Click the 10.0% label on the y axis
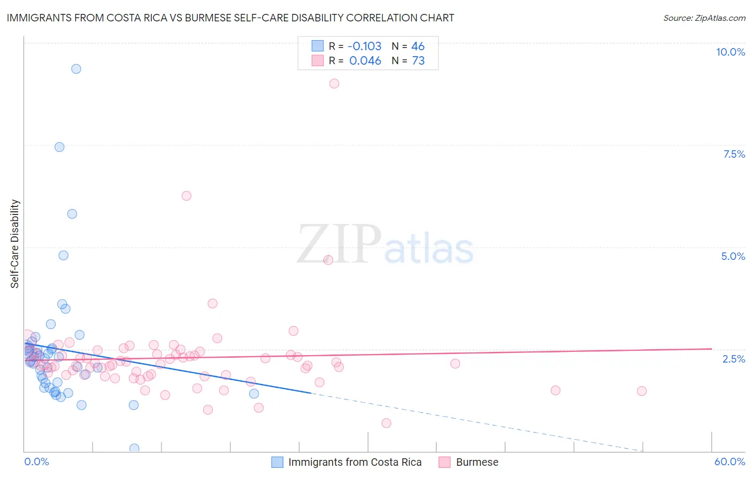click(730, 52)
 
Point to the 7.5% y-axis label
click(734, 154)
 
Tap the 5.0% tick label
click(733, 256)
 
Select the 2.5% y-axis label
click(733, 359)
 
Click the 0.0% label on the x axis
click(36, 461)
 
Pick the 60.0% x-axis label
click(730, 461)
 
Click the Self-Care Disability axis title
click(15, 244)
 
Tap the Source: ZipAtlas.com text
click(704, 18)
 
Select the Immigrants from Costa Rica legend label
click(355, 462)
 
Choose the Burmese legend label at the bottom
click(477, 462)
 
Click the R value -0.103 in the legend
click(364, 46)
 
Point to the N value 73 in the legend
click(418, 61)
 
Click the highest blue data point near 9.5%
click(76, 69)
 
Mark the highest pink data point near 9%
click(334, 83)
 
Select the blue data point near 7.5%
click(59, 147)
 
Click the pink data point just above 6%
click(186, 196)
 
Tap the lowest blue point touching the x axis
click(134, 448)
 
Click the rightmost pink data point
click(642, 391)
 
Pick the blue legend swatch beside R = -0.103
click(318, 46)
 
